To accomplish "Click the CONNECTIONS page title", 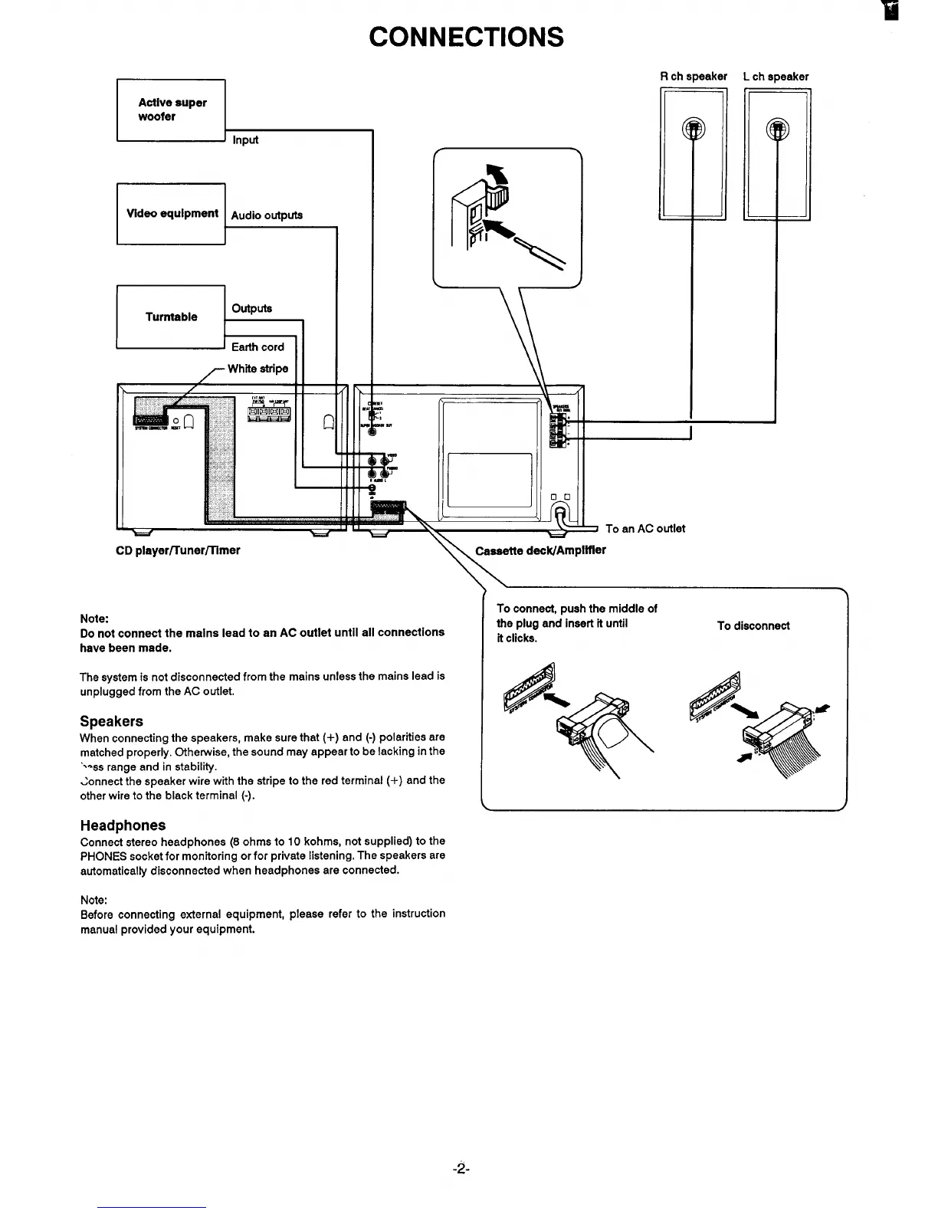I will [x=466, y=37].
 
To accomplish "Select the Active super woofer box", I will [x=171, y=110].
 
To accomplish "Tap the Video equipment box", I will [x=171, y=214].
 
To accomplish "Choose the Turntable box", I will [x=171, y=317].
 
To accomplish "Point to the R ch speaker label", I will [x=694, y=77].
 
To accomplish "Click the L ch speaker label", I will [x=776, y=77].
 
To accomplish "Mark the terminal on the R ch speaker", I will [x=693, y=128].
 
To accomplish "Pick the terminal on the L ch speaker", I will [x=777, y=128].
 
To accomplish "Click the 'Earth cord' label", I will [x=257, y=347].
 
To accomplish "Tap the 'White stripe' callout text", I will [x=257, y=369].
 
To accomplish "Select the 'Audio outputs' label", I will [x=267, y=215].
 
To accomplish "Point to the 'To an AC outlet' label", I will [x=645, y=529].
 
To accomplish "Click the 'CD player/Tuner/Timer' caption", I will [x=178, y=550].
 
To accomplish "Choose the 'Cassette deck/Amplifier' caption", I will [x=540, y=550].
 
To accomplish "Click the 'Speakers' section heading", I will [x=111, y=721].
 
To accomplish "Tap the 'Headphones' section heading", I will [x=123, y=825].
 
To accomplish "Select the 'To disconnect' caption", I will [x=753, y=626].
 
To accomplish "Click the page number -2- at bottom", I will [x=460, y=1169].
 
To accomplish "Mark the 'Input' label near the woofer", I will [x=245, y=140].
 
